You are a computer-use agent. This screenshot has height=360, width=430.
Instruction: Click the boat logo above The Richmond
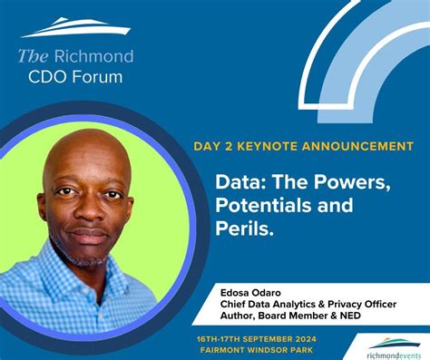click(75, 27)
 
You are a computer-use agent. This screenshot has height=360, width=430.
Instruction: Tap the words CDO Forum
click(75, 76)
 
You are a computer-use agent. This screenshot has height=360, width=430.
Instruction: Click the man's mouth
click(88, 236)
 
